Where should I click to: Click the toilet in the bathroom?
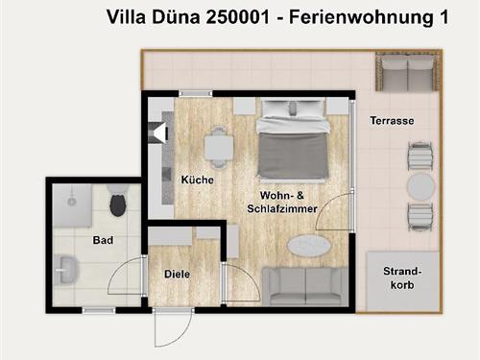pos(117,201)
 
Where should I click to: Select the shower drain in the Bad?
pos(72,202)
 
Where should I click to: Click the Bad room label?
pos(103,240)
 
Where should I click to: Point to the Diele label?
pos(177,274)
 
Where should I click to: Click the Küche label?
pos(198,180)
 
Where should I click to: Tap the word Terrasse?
pos(392,121)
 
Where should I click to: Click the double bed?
pos(293,139)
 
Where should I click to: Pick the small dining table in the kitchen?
pos(219,148)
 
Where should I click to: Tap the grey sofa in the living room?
pos(305,287)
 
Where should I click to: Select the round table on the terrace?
pos(420,186)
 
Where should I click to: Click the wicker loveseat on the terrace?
pos(407,72)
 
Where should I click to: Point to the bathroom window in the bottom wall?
pos(99,310)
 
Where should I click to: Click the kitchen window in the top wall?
pos(196,94)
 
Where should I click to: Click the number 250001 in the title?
pos(238,17)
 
